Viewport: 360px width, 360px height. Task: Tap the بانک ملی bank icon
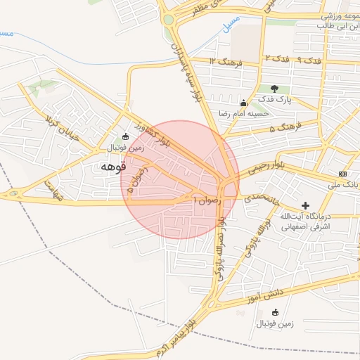pyautogui.click(x=342, y=173)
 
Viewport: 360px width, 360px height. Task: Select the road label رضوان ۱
pyautogui.click(x=207, y=199)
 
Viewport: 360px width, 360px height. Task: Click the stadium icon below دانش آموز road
pyautogui.click(x=274, y=312)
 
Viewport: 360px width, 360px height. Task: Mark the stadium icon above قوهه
pyautogui.click(x=125, y=136)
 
